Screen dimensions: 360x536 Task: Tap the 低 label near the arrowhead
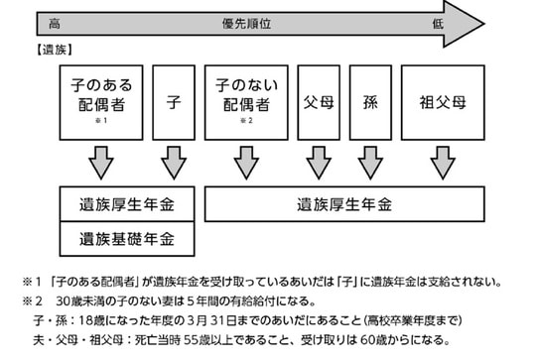(437, 23)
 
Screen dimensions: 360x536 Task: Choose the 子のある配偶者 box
(100, 102)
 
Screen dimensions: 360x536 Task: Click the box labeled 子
(173, 102)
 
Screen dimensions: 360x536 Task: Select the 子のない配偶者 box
(245, 102)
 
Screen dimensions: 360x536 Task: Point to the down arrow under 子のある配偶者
(100, 162)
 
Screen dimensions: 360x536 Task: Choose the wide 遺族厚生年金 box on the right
(343, 204)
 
